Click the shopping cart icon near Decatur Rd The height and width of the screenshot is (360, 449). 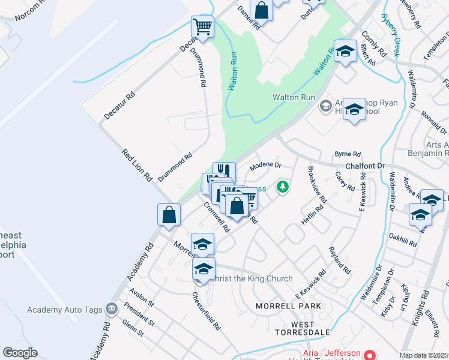(202, 26)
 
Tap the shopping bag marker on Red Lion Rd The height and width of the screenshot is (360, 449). (169, 215)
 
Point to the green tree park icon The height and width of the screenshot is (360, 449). (282, 187)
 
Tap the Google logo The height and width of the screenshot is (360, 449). (20, 353)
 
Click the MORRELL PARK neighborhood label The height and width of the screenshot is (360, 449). (288, 306)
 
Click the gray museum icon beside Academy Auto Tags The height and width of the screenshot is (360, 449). (110, 310)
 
